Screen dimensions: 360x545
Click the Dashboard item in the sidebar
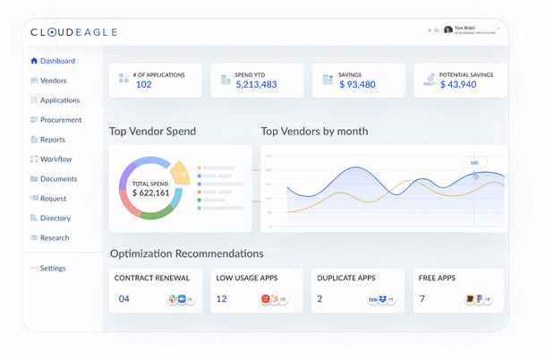point(57,61)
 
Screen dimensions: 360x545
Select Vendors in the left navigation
point(53,81)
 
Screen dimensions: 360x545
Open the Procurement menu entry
point(60,120)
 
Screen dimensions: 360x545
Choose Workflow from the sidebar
point(55,159)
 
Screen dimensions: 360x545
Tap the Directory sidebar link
point(55,219)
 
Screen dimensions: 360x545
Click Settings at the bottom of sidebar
point(52,269)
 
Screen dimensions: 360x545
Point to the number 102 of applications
point(143,85)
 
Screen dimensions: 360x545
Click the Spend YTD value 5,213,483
point(256,85)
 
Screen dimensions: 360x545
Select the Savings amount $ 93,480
point(357,85)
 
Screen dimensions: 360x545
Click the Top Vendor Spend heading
point(152,132)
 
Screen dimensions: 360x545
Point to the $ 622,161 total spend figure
point(149,193)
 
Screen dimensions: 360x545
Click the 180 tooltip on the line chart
point(473,163)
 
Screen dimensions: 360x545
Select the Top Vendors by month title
point(314,132)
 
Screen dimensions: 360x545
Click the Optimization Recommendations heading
point(186,254)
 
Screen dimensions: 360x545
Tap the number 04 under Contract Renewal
point(124,299)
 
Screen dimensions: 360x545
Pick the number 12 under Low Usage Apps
point(221,299)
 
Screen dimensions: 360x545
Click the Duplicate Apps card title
point(346,279)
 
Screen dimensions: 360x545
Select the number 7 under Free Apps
point(422,299)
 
